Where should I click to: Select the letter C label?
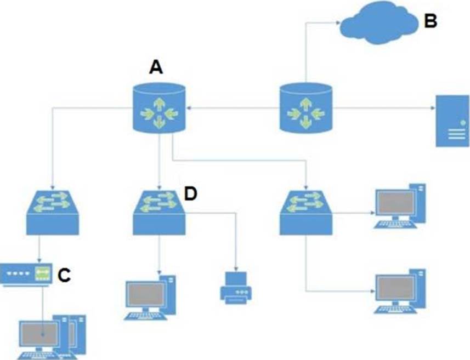[x=64, y=275]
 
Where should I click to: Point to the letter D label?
[x=190, y=194]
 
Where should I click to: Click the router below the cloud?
[x=305, y=107]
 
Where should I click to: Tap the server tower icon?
[x=453, y=121]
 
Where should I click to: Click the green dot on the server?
[x=463, y=121]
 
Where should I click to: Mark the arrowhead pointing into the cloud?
[x=336, y=22]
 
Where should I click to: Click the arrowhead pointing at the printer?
[x=236, y=268]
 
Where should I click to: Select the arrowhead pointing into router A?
[x=191, y=109]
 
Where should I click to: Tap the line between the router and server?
[x=384, y=109]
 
